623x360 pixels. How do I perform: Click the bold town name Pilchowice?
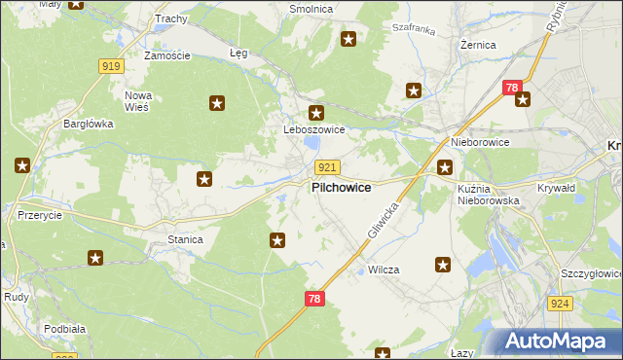pyautogui.click(x=340, y=188)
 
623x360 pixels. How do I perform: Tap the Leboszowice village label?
pyautogui.click(x=313, y=129)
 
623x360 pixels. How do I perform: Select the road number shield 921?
pyautogui.click(x=327, y=167)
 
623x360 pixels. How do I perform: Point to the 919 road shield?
pyautogui.click(x=110, y=66)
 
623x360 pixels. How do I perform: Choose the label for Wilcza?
pyautogui.click(x=384, y=269)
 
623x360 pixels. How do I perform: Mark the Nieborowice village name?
pyautogui.click(x=479, y=142)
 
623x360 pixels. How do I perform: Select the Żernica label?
pyautogui.click(x=478, y=45)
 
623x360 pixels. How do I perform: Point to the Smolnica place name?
pyautogui.click(x=311, y=9)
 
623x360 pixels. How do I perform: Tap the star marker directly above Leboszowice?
pyautogui.click(x=315, y=113)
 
